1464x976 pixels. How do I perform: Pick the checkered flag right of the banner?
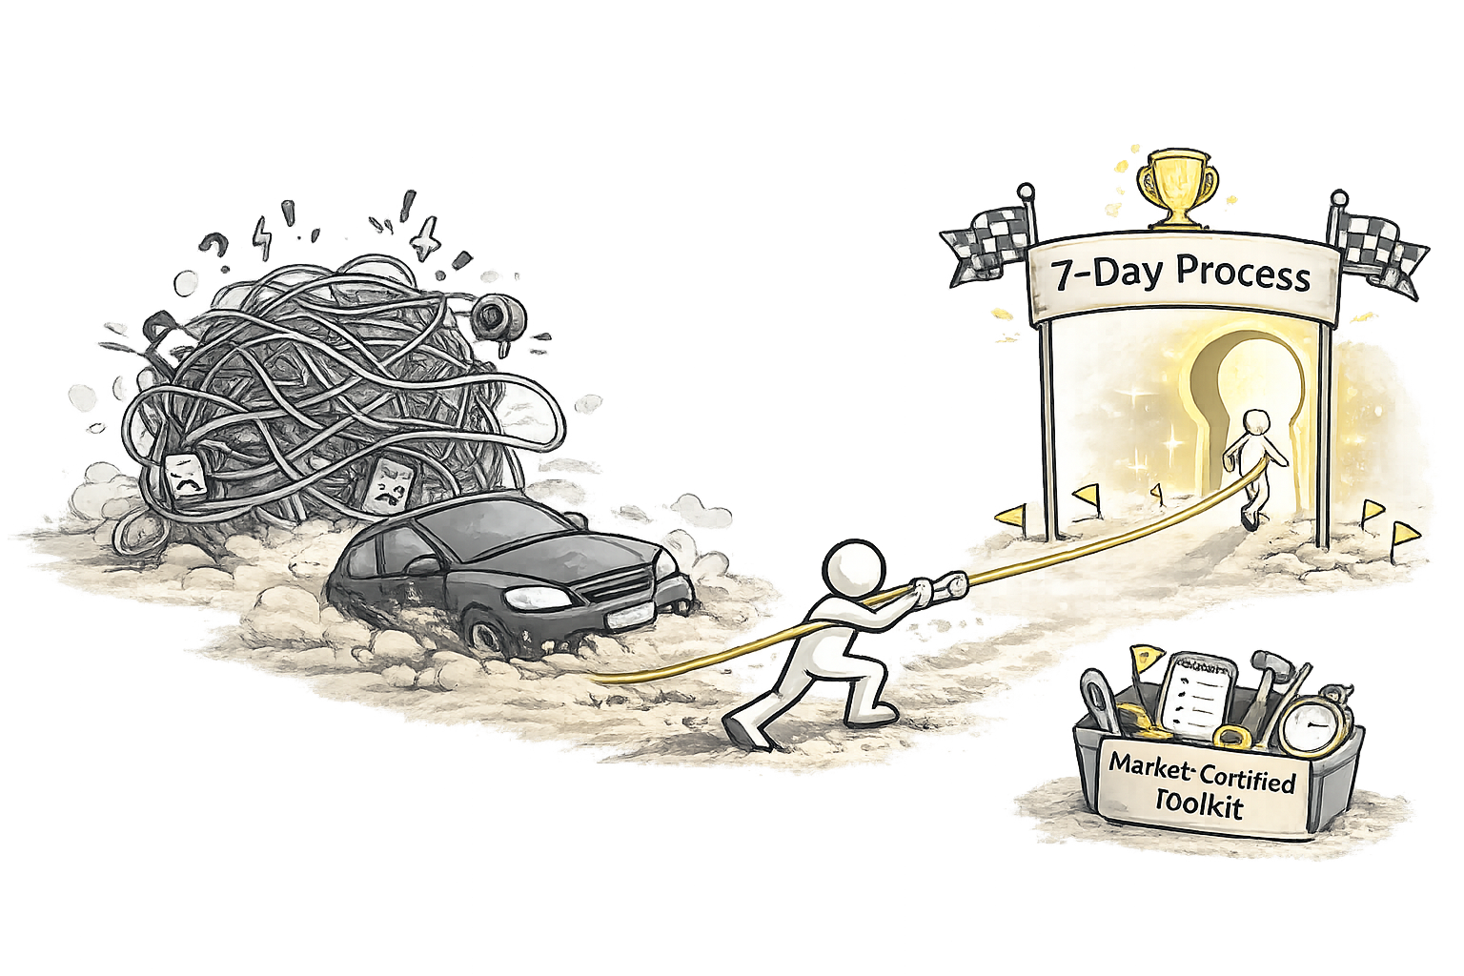[x=1379, y=246]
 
